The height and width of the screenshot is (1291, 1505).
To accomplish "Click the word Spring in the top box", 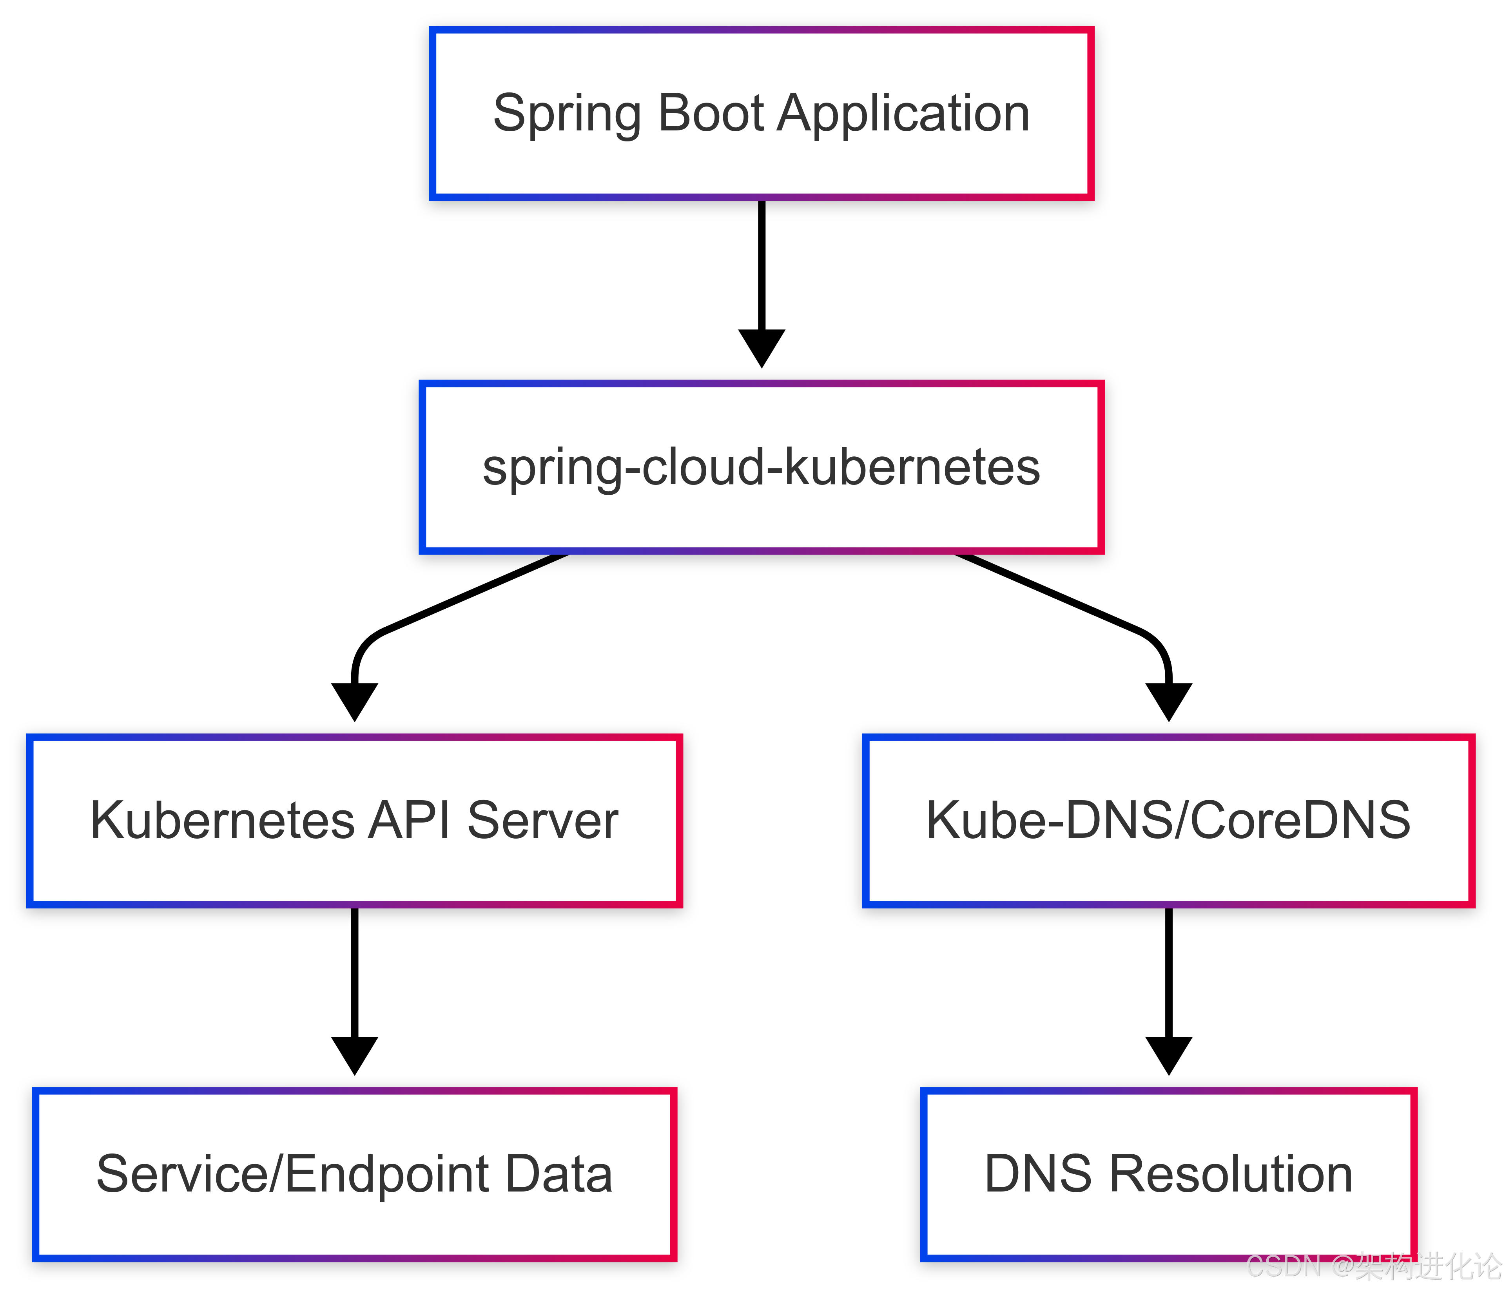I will [567, 115].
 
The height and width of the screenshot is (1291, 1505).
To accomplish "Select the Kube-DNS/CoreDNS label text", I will [1168, 821].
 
